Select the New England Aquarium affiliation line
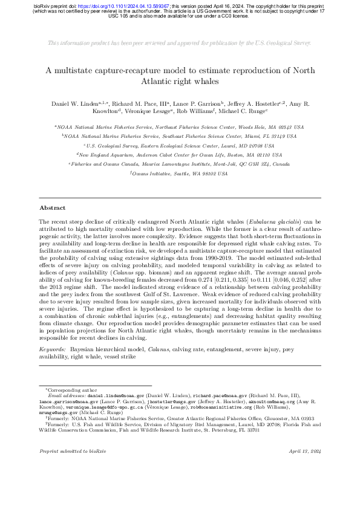point(180,138)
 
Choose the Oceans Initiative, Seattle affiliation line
point(180,156)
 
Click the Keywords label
point(53,349)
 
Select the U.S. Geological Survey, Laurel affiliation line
point(180,129)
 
